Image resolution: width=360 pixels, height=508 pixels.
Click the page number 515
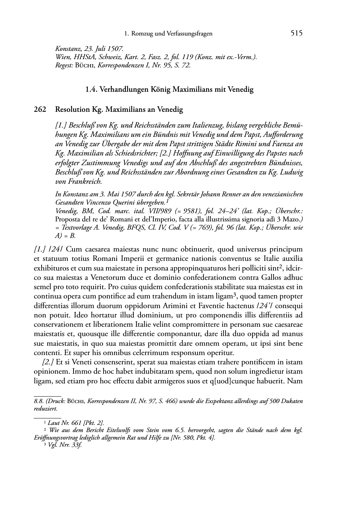(297, 33)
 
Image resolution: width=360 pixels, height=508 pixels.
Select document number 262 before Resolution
(40, 110)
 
